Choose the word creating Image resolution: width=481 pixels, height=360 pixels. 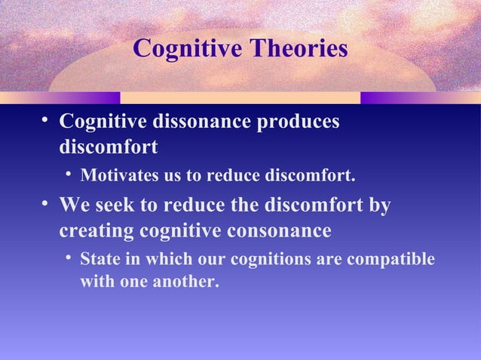tap(93, 230)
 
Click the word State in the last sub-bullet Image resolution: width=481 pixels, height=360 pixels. tap(99, 259)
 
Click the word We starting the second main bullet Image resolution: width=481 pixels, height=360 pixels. tap(75, 206)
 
